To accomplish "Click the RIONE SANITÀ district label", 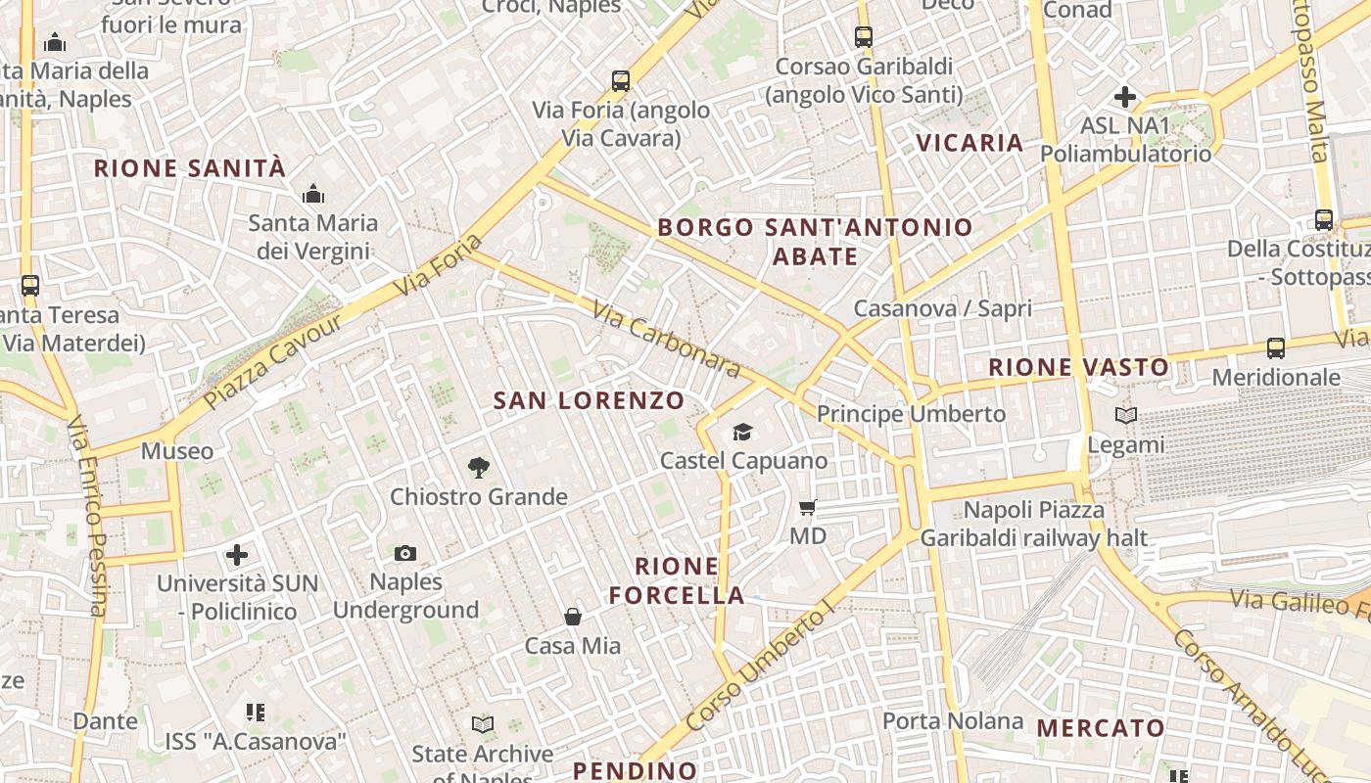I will pos(190,168).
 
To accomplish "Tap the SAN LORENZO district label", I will pos(589,400).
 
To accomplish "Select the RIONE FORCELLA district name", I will pos(677,580).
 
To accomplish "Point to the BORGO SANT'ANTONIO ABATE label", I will pos(816,242).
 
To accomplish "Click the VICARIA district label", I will pos(969,143).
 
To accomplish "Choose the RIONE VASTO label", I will pos(1078,368).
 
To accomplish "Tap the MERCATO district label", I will pos(1101,728).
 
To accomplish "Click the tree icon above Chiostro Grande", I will pos(479,468).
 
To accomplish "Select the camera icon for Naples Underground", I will pos(405,554).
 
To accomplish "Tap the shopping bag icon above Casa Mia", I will pos(573,617).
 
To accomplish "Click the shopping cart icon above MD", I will pos(808,507).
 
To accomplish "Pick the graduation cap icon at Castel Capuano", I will pos(743,432).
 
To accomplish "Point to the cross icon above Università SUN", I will pos(237,556).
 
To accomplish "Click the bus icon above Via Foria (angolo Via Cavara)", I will pos(621,81).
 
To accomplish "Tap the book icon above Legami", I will pos(1126,416).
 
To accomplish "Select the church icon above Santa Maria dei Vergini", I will pos(313,194).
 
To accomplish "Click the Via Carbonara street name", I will pos(666,339).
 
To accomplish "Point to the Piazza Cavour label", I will pos(273,361).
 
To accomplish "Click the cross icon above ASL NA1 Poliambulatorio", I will pos(1125,97).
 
